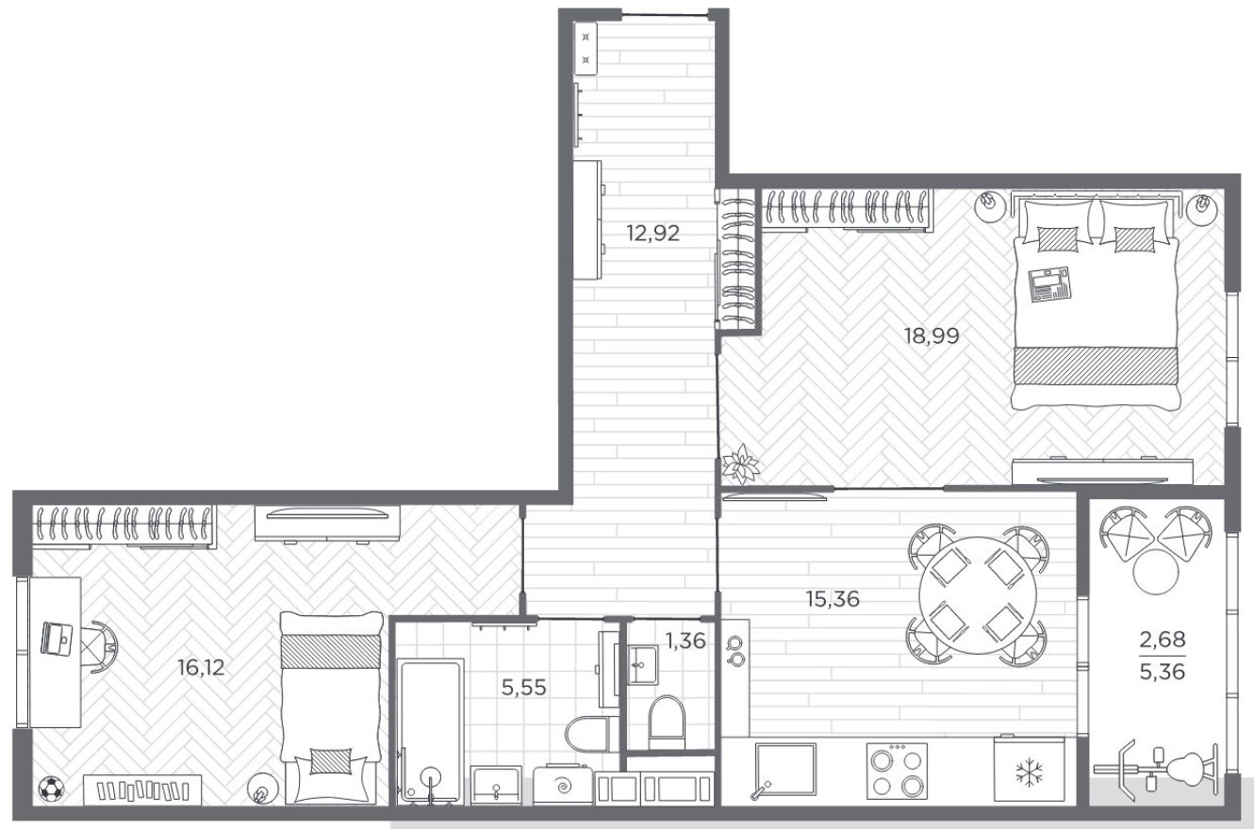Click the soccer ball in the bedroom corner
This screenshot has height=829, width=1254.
click(51, 788)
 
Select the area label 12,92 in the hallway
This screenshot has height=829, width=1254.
click(652, 233)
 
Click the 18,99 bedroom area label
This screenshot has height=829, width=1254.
click(932, 335)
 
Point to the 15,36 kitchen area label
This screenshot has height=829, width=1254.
click(833, 599)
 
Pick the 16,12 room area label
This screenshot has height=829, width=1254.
click(201, 667)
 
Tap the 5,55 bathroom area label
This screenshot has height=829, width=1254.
click(523, 688)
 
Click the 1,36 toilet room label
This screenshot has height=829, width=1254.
click(685, 641)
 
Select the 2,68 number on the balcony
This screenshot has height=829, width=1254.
click(1163, 639)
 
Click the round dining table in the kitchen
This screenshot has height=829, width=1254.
click(978, 595)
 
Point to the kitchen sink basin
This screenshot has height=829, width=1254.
click(785, 769)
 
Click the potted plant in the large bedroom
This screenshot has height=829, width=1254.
click(740, 463)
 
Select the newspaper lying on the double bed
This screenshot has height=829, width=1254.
click(1049, 284)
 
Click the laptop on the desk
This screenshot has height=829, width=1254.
click(57, 639)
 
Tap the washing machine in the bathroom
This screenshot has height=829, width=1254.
click(563, 785)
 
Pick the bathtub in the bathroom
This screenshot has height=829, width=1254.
click(430, 732)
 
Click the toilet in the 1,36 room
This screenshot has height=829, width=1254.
click(667, 723)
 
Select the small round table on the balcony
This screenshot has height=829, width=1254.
click(1156, 572)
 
